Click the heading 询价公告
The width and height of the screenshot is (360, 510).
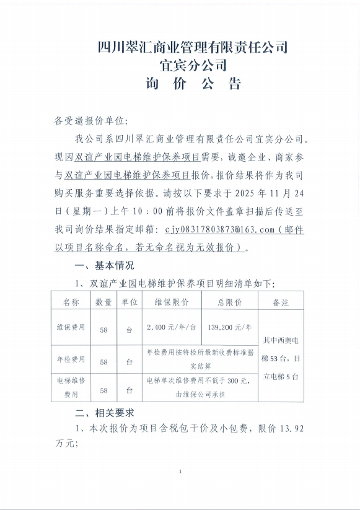click(193, 84)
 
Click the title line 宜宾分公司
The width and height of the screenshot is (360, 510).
click(193, 65)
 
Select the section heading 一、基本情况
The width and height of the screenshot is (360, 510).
click(104, 266)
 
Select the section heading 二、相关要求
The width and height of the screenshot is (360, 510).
click(104, 412)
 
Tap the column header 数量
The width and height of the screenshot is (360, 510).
click(103, 302)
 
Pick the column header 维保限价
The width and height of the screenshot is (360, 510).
click(172, 302)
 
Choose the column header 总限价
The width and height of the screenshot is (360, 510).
click(229, 302)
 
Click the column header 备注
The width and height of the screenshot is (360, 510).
click(281, 302)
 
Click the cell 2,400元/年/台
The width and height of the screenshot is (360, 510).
click(172, 327)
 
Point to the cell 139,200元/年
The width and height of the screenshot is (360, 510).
click(229, 327)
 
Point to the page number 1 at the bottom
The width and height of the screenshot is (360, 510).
click(180, 472)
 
